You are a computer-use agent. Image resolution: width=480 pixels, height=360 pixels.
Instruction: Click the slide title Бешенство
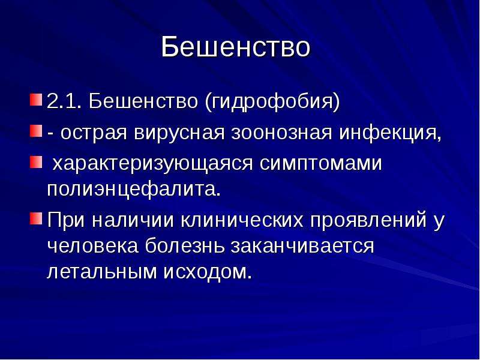click(235, 47)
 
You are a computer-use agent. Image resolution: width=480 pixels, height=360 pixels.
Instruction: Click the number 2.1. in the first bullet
click(64, 101)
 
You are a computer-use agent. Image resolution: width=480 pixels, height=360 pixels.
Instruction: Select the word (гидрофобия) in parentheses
click(272, 101)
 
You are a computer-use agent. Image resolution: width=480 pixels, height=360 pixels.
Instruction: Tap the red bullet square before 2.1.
click(36, 100)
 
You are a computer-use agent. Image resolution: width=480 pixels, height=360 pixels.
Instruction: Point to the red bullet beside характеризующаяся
click(36, 162)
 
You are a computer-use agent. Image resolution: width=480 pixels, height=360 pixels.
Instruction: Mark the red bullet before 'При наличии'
click(36, 218)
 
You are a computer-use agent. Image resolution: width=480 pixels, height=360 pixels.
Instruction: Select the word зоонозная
click(281, 134)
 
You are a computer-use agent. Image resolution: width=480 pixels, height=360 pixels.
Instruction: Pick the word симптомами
click(321, 164)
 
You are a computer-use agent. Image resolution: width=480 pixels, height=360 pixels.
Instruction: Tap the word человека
click(93, 247)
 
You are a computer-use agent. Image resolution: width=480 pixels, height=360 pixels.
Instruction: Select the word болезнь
click(184, 246)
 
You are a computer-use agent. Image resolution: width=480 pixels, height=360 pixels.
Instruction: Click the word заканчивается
click(302, 247)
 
